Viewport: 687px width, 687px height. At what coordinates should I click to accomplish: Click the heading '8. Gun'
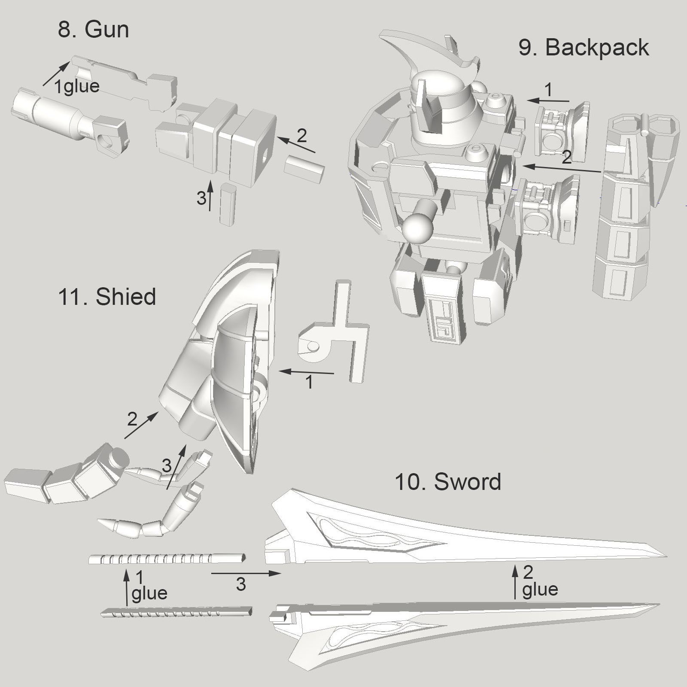point(93,30)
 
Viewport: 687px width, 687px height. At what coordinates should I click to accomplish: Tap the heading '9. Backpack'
point(584,47)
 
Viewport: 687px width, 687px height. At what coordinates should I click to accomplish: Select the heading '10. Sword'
point(447,481)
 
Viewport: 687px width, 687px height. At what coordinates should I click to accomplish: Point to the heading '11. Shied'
point(106,297)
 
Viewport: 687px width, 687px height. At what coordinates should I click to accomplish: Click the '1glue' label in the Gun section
point(77,86)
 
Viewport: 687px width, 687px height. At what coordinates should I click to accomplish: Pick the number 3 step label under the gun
point(201,198)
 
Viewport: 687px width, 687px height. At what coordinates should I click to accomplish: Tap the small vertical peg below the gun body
point(227,204)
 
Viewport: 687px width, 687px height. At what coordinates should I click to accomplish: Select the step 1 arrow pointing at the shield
point(307,372)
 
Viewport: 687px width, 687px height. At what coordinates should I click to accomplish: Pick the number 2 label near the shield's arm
point(132,419)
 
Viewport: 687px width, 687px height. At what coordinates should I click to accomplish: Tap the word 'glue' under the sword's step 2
point(540,589)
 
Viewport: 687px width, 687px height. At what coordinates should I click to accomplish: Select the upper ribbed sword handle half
point(167,559)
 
